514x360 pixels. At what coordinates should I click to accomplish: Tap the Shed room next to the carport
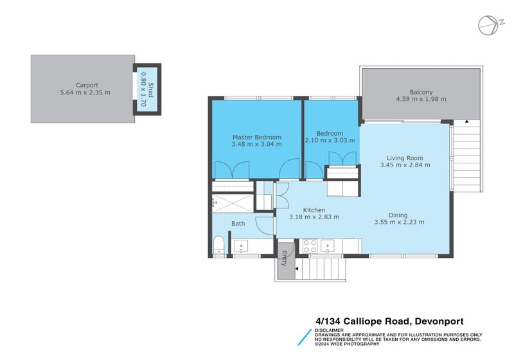147,89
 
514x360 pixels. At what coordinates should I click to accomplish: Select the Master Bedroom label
256,137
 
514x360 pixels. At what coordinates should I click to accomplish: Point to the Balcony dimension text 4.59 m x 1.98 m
421,100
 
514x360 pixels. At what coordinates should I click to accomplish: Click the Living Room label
405,157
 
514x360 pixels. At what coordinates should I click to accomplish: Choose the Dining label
398,215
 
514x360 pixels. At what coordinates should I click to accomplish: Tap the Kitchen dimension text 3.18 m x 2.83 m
314,217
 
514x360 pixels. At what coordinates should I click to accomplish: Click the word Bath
238,224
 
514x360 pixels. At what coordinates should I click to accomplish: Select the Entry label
284,259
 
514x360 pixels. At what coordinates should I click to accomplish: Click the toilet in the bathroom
218,245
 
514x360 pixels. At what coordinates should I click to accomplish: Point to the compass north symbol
488,24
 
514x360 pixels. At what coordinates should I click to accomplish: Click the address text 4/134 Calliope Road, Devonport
389,321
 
